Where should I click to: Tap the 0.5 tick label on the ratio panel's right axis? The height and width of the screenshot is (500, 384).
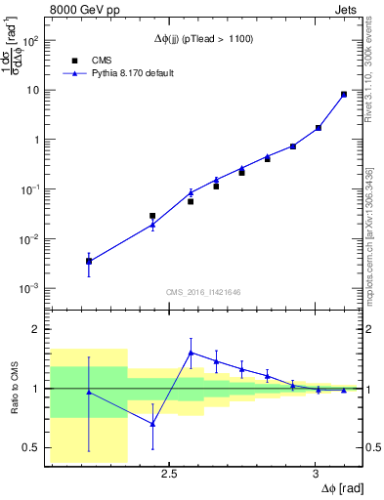coord(373,447)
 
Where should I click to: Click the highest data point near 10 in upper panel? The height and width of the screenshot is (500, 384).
coord(343,95)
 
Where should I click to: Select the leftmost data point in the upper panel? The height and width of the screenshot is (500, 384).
coord(89,261)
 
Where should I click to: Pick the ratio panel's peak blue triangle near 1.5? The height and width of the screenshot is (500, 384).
coord(191,353)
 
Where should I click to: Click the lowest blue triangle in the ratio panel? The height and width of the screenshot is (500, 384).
coord(152,424)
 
